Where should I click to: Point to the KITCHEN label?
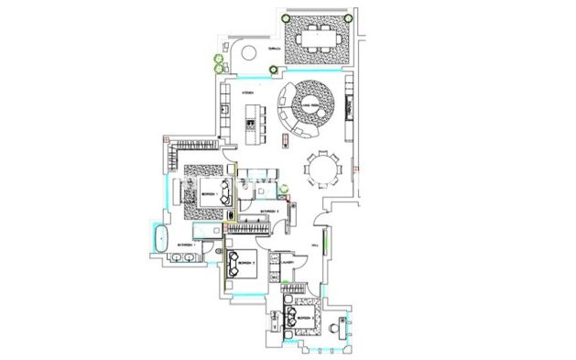pyautogui.click(x=246, y=93)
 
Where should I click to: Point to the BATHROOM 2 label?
pyautogui.click(x=268, y=212)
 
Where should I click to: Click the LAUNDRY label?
pyautogui.click(x=287, y=260)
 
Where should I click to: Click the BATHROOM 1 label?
pyautogui.click(x=187, y=245)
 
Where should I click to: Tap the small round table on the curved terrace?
pyautogui.click(x=247, y=51)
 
